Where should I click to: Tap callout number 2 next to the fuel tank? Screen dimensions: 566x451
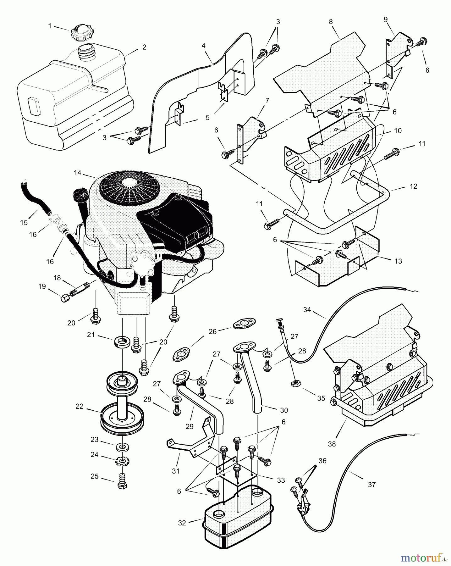(x=144, y=47)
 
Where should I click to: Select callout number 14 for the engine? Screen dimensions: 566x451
(x=77, y=173)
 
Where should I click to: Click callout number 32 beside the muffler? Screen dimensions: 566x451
(x=182, y=523)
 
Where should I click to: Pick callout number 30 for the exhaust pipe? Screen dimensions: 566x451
(x=284, y=410)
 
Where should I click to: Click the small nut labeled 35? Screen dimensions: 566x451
(x=295, y=384)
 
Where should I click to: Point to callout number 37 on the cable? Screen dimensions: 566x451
(x=371, y=485)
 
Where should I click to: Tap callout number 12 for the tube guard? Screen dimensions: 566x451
(x=413, y=186)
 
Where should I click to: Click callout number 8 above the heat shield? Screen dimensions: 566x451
(x=331, y=22)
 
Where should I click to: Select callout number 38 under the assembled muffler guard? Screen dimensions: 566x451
(x=332, y=444)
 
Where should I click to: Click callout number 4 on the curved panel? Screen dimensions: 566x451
(x=203, y=46)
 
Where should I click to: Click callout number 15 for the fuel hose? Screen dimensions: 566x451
(x=24, y=223)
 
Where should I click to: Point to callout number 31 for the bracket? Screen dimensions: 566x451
(x=176, y=471)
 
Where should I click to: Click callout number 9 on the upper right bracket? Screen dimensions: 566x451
(x=386, y=19)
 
